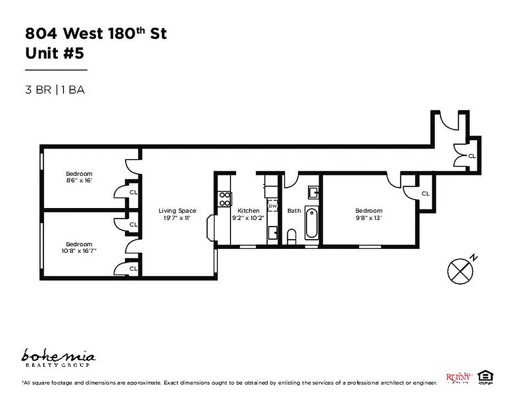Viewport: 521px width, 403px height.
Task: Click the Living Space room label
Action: point(177,211)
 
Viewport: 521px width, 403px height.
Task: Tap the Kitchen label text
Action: point(248,211)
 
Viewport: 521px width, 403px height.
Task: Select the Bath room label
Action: point(294,211)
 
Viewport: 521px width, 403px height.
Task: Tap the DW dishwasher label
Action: point(272,206)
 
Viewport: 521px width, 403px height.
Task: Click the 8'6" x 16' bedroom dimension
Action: point(79,180)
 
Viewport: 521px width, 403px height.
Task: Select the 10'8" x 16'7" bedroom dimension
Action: point(79,250)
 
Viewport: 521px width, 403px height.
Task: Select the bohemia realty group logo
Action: point(58,357)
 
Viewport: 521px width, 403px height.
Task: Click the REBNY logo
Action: point(459,377)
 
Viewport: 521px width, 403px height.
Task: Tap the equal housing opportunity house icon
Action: point(485,376)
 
